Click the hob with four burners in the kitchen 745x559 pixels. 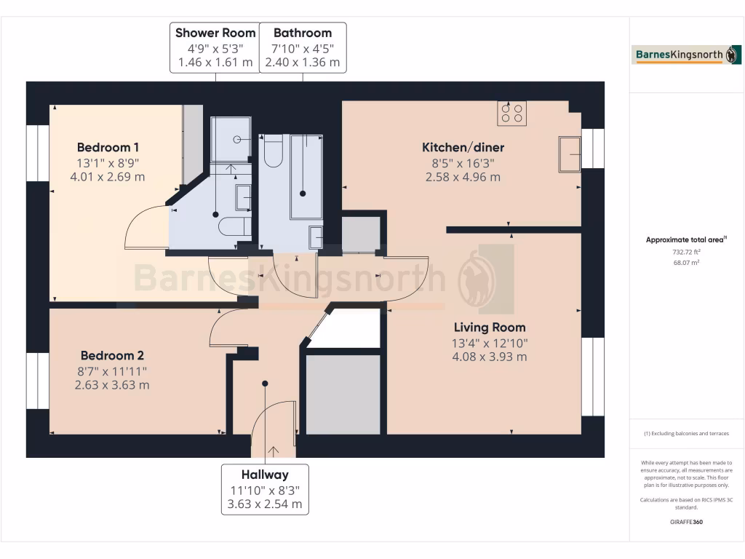(x=511, y=114)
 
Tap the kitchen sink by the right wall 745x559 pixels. (x=570, y=154)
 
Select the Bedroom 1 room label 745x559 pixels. (x=104, y=147)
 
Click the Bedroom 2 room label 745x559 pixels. (x=112, y=356)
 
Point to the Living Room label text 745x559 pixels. (x=490, y=328)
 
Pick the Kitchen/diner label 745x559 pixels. (x=463, y=148)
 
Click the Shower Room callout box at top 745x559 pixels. (x=215, y=47)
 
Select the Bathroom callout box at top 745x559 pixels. (x=303, y=47)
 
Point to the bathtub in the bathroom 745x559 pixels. (x=306, y=176)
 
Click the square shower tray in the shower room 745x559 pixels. (x=230, y=139)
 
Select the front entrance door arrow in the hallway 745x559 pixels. (x=273, y=451)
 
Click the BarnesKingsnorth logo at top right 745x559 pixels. (x=687, y=55)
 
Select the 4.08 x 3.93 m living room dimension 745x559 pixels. (x=490, y=357)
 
